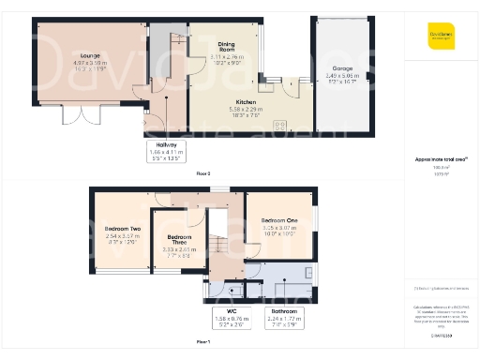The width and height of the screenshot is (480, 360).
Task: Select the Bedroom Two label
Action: [122, 229]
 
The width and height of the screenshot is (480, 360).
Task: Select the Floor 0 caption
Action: [203, 174]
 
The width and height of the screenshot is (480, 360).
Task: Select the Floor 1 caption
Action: [203, 343]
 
